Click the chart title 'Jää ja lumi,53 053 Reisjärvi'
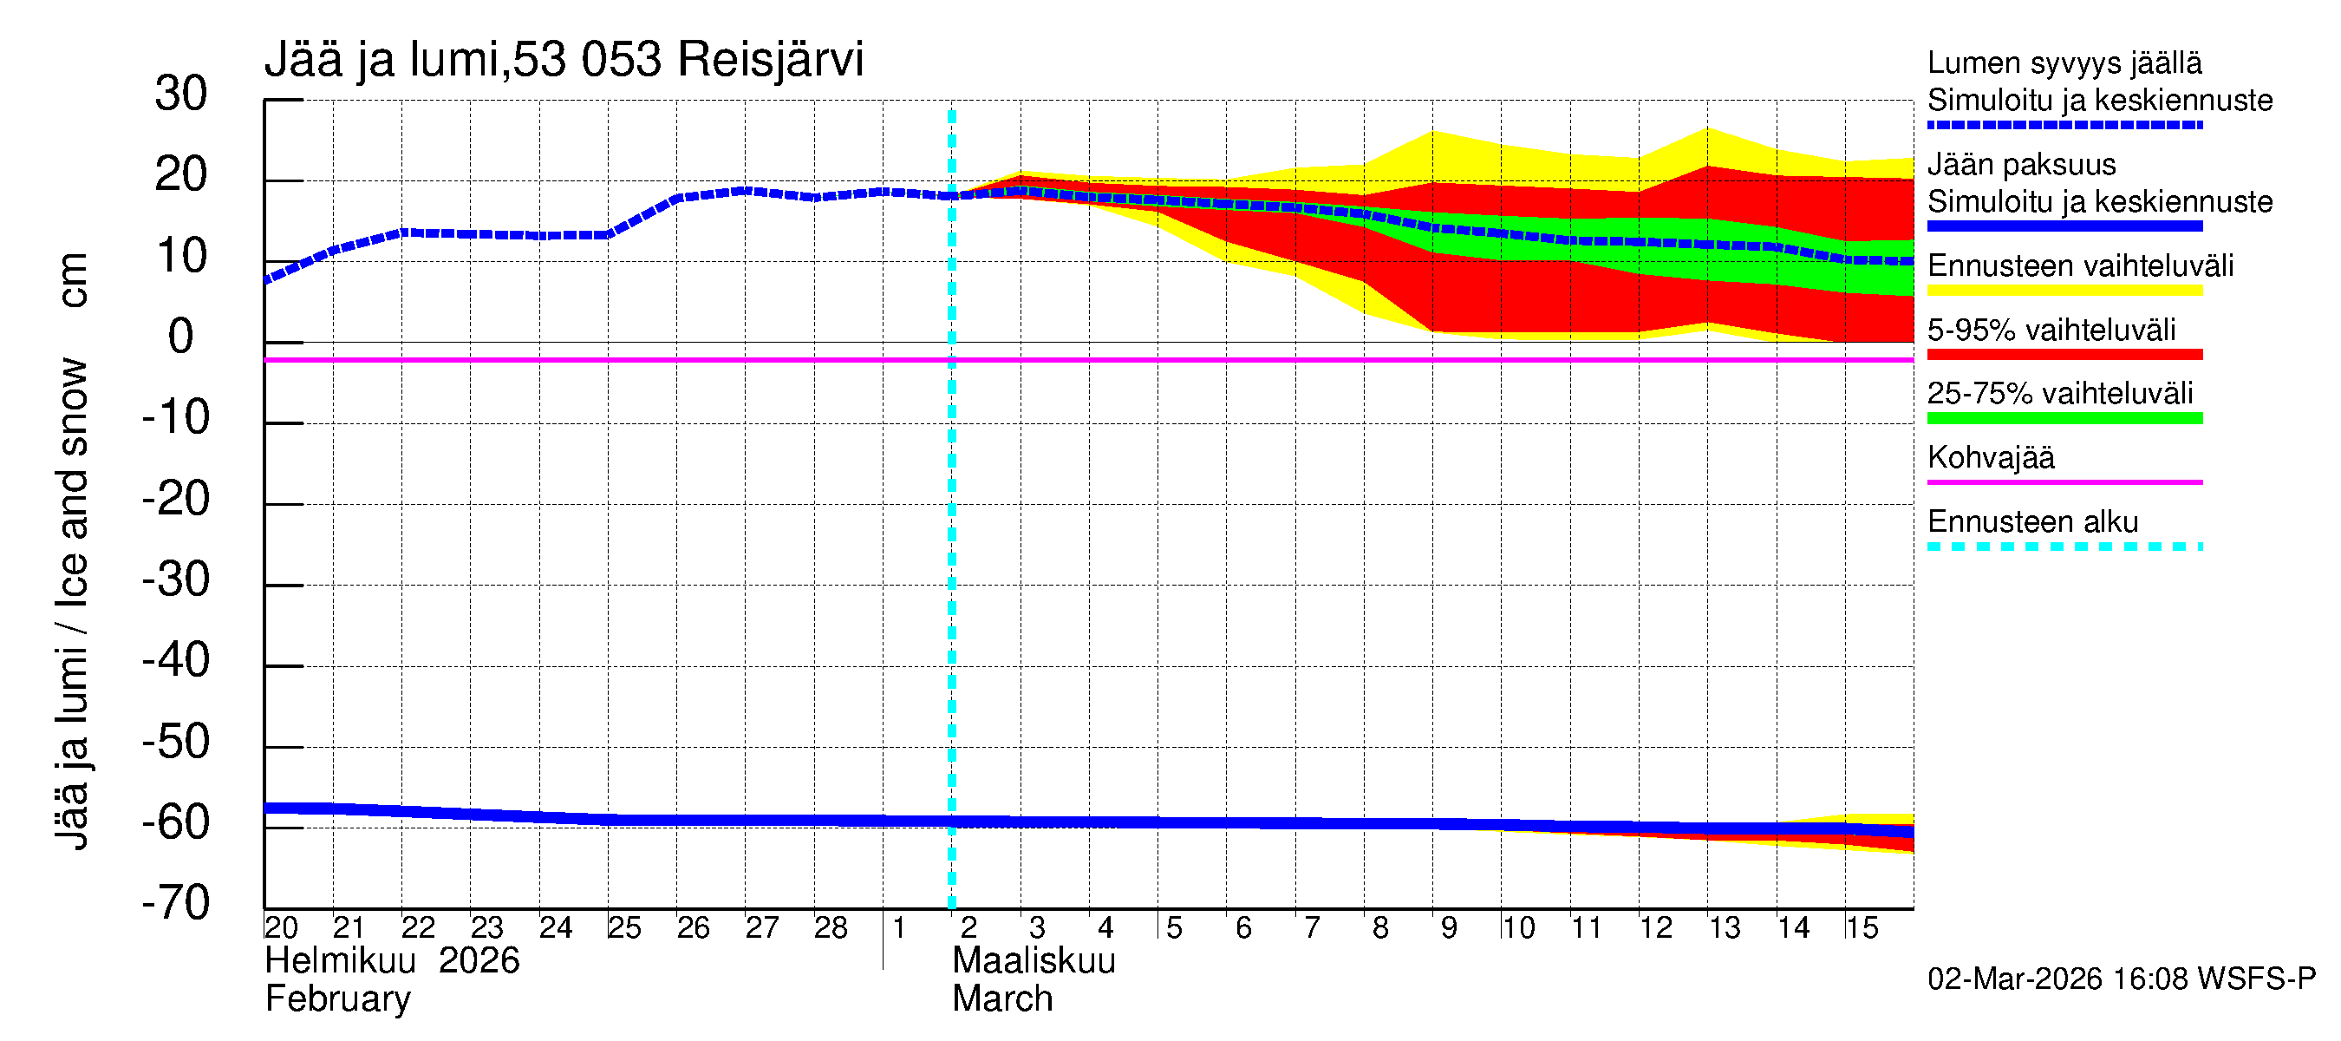click(x=563, y=60)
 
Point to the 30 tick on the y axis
click(x=181, y=95)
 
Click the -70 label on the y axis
click(x=175, y=904)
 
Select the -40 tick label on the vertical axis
click(x=175, y=661)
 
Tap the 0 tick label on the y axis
click(x=181, y=337)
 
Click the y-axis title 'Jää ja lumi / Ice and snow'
click(x=72, y=604)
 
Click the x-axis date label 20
click(x=281, y=928)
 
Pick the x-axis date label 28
click(x=830, y=928)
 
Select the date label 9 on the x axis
click(x=1449, y=928)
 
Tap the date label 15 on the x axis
click(x=1861, y=928)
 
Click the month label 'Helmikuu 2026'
click(x=392, y=961)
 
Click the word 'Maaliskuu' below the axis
click(x=1034, y=961)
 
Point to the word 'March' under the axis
click(x=1001, y=999)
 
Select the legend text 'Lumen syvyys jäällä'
click(x=2064, y=63)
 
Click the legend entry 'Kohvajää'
click(x=1990, y=457)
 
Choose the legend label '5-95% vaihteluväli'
click(x=2051, y=330)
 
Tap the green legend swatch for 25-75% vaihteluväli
click(x=2064, y=418)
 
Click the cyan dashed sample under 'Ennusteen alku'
click(x=2064, y=547)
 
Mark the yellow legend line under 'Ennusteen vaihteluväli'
click(x=2064, y=291)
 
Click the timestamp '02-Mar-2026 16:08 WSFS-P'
click(x=2121, y=979)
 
